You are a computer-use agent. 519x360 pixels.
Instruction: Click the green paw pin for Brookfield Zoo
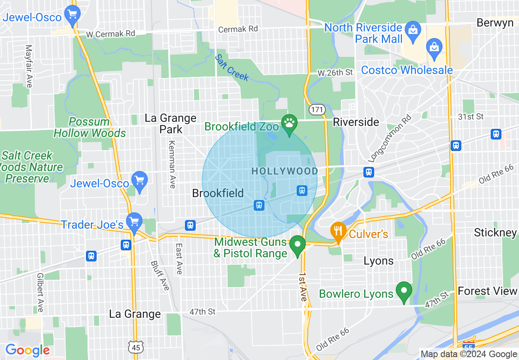click(x=289, y=123)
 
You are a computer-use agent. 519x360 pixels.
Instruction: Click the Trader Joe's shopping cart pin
click(x=134, y=222)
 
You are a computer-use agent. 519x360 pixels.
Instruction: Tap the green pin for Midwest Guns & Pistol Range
click(x=298, y=245)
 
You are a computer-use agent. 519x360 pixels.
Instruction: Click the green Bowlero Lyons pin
click(x=404, y=291)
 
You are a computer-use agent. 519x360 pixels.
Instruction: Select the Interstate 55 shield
click(x=469, y=344)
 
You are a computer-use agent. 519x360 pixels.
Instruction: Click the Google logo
click(x=27, y=350)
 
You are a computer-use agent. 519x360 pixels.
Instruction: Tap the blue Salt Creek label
click(x=232, y=67)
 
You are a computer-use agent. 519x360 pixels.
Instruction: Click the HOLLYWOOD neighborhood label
click(x=284, y=171)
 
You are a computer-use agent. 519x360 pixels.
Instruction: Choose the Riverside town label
click(x=356, y=122)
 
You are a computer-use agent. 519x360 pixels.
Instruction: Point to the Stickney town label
click(x=495, y=233)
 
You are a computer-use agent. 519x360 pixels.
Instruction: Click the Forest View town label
click(x=487, y=291)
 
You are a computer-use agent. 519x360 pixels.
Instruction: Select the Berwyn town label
click(x=495, y=22)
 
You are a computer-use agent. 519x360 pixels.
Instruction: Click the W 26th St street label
click(x=335, y=72)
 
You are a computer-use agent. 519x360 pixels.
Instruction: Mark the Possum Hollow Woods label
click(x=90, y=127)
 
